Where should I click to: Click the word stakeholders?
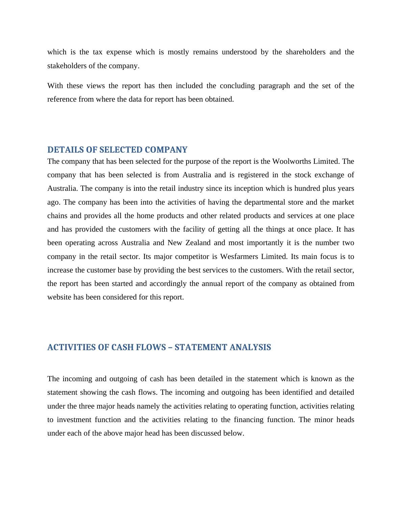coord(67,66)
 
